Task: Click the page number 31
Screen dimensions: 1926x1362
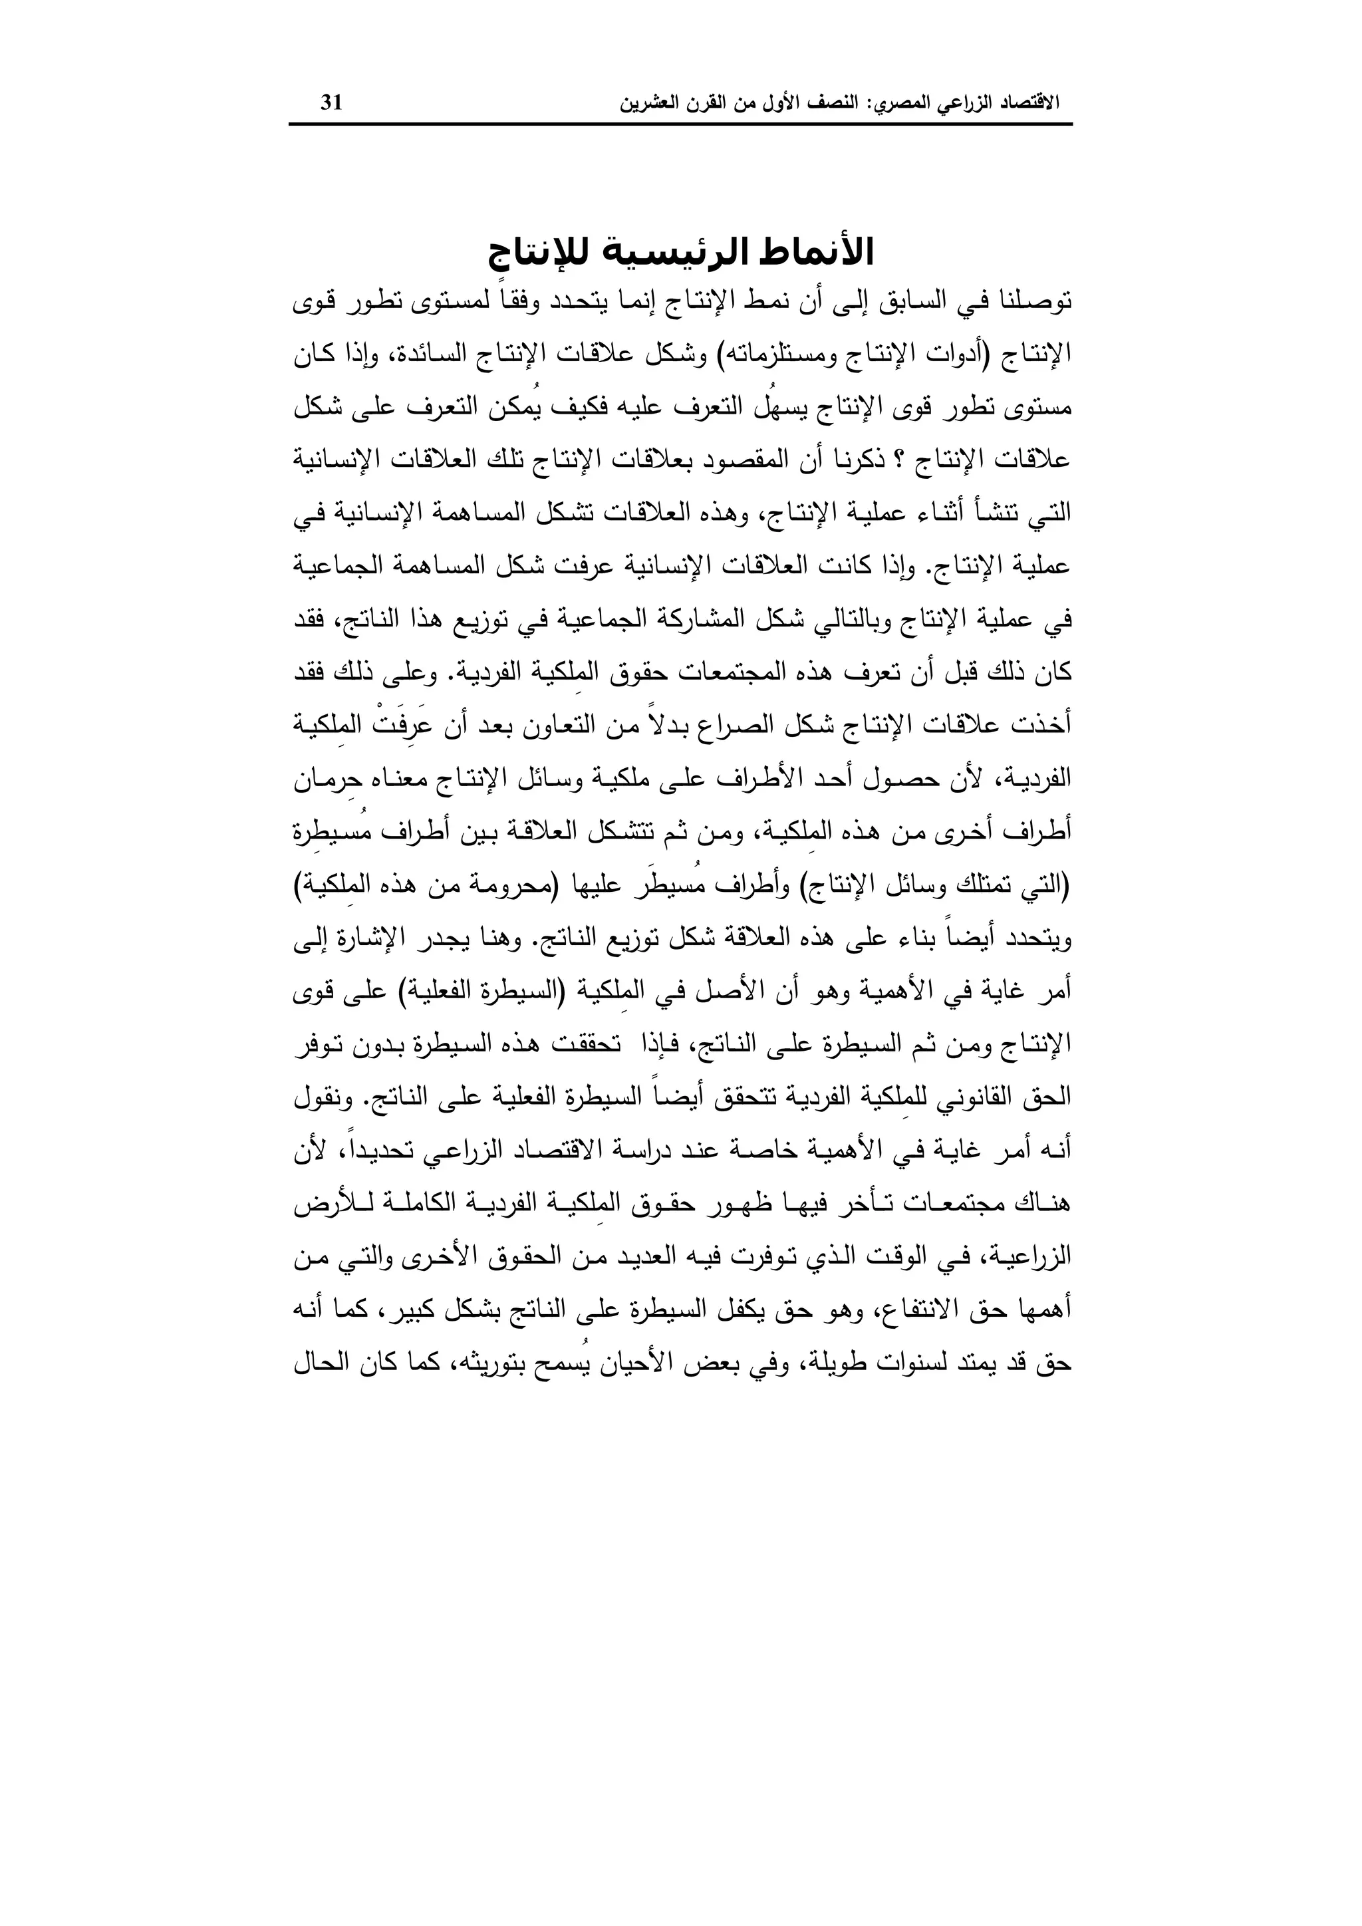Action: coord(331,103)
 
